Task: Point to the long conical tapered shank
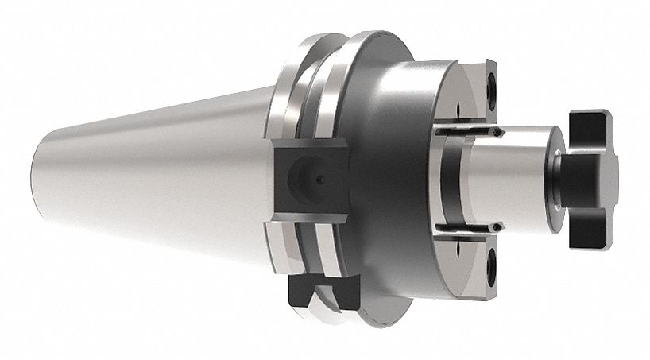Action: [x=159, y=175]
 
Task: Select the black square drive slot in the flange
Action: [x=309, y=180]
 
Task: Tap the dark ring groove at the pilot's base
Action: [x=445, y=179]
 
